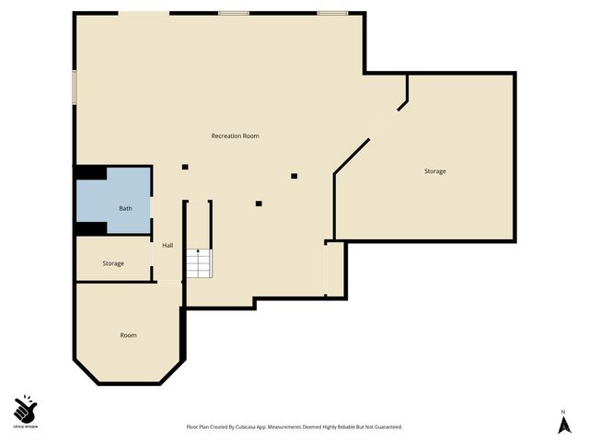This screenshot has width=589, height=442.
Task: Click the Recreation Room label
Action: pos(235,136)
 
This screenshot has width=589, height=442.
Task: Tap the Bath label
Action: pos(125,209)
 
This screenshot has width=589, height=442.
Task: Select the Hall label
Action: pos(167,246)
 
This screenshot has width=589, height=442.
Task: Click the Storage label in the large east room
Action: pos(435,172)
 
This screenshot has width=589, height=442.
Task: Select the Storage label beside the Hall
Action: pos(113,264)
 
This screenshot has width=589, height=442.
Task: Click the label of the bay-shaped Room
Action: pos(128,335)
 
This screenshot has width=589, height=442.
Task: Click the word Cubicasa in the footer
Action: pos(251,427)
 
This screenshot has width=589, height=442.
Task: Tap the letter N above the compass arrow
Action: pos(563,411)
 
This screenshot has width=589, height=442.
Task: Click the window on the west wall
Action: pos(75,87)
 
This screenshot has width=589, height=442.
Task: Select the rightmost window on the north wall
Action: pos(331,13)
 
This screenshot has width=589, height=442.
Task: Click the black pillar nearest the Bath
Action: pos(185,167)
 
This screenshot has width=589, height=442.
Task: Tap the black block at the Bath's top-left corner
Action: pos(90,172)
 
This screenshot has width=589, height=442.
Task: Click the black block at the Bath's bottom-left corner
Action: pos(90,227)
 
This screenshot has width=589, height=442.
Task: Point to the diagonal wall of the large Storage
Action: pos(352,156)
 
